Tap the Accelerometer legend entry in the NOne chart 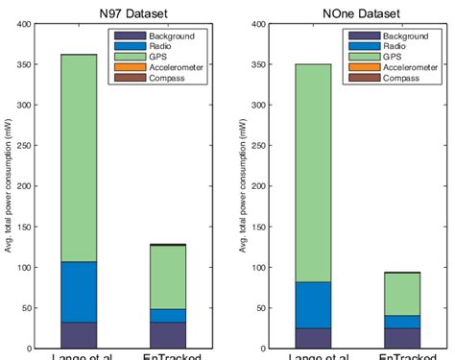point(412,68)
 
